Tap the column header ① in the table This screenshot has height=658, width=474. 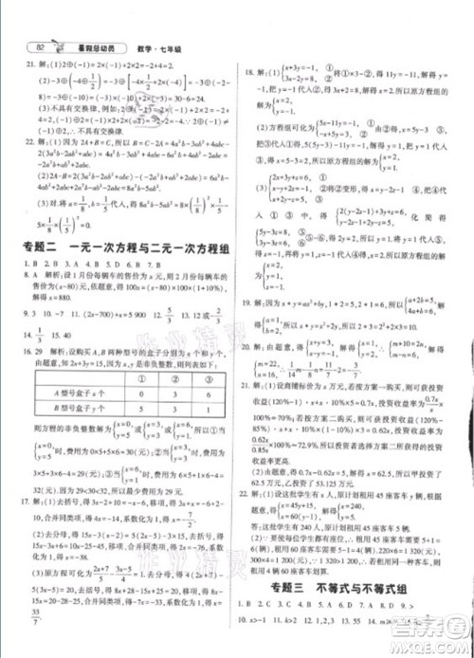(139, 381)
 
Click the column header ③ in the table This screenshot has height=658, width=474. (208, 381)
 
